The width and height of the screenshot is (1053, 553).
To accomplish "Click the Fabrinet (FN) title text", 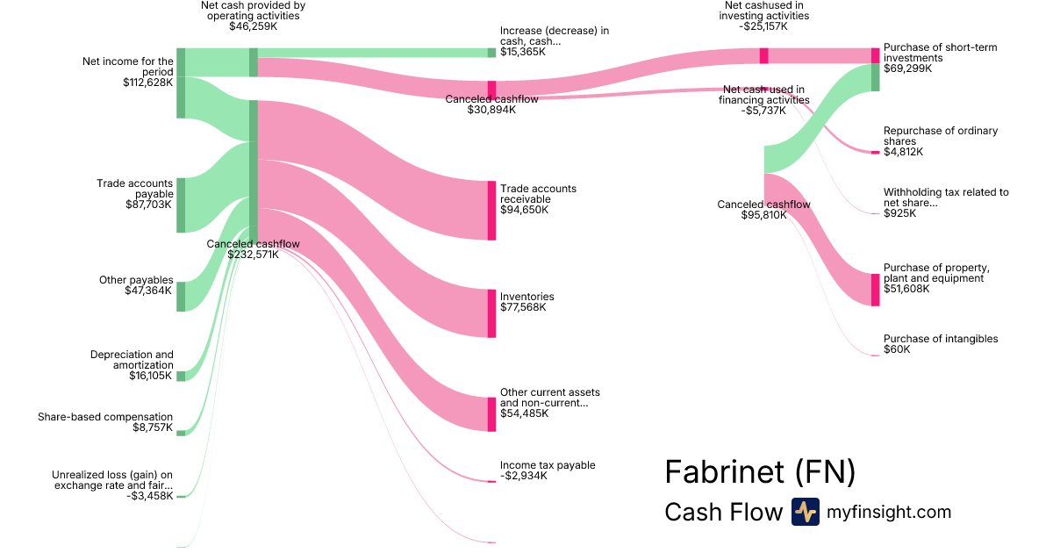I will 759,472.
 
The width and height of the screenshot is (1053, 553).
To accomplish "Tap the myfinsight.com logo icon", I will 805,512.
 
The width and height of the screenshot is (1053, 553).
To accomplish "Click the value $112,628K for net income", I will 148,83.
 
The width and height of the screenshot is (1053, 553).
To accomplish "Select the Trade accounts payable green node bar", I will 181,205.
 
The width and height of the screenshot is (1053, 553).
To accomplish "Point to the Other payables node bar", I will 181,297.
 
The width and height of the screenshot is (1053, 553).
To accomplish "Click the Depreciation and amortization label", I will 132,360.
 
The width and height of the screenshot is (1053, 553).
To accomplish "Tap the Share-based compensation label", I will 105,417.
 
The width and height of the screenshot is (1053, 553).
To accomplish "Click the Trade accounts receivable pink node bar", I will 491,211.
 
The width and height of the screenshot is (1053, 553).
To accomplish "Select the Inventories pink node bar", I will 491,313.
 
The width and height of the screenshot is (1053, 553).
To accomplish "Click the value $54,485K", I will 525,413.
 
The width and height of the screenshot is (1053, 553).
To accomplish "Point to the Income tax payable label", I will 548,465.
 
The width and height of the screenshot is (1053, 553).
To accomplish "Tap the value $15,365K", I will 523,52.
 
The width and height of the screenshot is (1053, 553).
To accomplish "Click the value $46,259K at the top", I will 253,27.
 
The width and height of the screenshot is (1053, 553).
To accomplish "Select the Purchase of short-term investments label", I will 940,53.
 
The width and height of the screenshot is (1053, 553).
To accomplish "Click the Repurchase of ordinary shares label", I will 940,136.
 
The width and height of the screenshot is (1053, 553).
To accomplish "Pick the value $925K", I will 899,213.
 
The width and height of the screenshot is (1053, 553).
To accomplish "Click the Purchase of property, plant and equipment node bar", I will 875,290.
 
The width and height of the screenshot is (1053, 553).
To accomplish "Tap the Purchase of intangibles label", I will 940,339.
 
